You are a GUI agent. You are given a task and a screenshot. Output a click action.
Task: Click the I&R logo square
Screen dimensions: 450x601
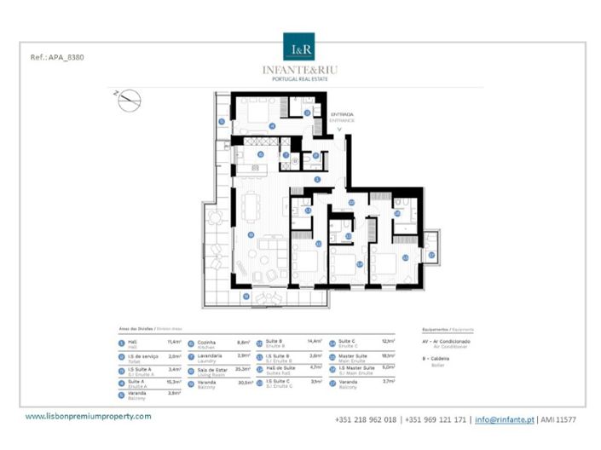[x=299, y=48]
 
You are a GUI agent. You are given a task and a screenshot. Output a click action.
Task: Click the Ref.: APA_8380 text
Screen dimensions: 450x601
[x=57, y=58]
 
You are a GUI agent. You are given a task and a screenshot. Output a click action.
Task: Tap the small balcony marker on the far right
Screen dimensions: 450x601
[x=431, y=255]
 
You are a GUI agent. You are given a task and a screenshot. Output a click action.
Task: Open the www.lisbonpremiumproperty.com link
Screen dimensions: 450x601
[x=88, y=416]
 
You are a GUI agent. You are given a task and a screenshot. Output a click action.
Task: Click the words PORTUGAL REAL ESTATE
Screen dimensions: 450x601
[x=299, y=79]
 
